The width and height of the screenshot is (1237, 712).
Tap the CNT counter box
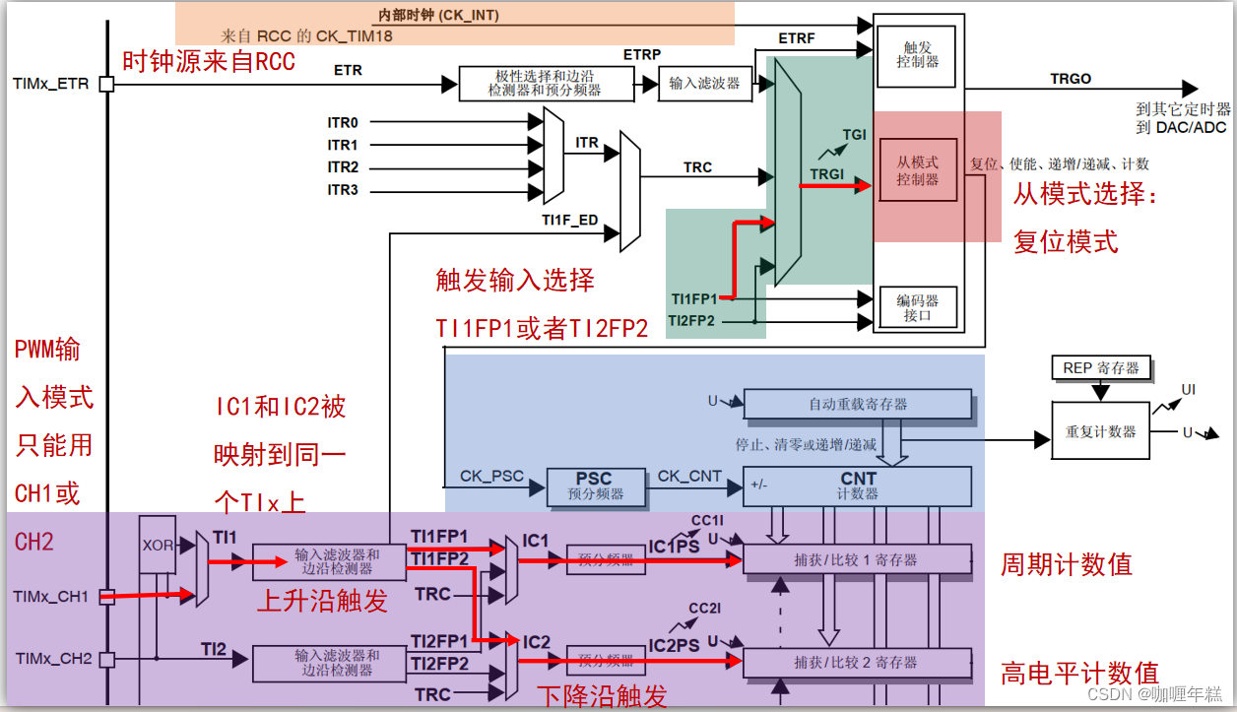coord(857,485)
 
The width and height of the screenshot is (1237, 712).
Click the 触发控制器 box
coord(917,53)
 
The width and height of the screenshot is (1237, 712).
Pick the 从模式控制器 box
coord(918,170)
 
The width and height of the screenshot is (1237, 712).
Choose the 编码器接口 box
coord(917,308)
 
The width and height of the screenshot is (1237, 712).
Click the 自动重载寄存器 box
coord(857,404)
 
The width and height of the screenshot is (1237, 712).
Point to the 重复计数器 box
coord(1100,431)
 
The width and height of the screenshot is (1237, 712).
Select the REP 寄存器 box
coord(1100,368)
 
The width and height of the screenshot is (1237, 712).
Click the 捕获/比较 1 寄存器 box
coord(857,559)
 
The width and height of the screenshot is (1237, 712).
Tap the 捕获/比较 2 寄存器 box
coord(857,663)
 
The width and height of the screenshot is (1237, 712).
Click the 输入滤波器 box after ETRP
coord(704,84)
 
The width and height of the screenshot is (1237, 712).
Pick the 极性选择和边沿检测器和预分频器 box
coord(544,84)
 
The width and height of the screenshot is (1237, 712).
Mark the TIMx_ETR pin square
coord(106,84)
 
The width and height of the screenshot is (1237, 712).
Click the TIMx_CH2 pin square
coord(106,658)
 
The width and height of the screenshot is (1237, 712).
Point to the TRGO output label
coord(1071,79)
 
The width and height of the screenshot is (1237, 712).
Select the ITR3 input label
coord(343,190)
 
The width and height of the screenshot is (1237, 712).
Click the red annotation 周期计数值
coord(1067,564)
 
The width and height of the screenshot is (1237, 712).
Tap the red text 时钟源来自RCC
coord(208,61)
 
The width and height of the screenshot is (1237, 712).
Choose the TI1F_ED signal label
coord(569,220)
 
